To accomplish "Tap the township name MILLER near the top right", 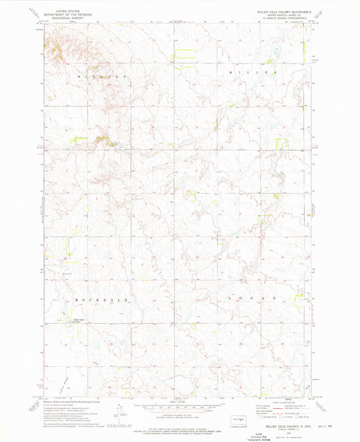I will click(x=253, y=72).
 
